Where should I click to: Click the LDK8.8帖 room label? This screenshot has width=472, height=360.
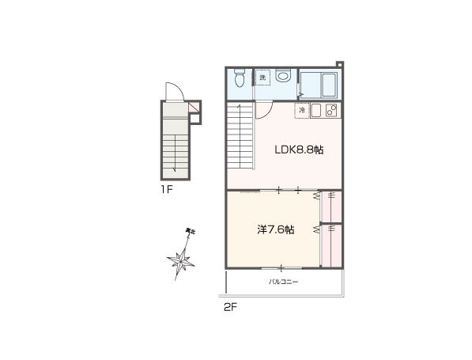tap(299, 150)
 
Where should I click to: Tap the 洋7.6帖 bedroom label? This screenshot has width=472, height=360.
tap(276, 230)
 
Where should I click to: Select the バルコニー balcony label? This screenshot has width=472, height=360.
tap(283, 282)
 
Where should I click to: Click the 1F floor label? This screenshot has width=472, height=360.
tap(167, 189)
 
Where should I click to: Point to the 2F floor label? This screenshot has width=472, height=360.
tap(231, 307)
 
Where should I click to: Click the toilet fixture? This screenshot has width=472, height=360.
tap(240, 78)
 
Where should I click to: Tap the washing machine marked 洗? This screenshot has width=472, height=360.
tap(262, 78)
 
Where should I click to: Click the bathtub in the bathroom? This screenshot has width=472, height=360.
tap(329, 85)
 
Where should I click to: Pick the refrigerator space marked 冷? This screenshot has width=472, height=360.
tap(302, 111)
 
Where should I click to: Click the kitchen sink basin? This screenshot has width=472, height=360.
tap(316, 111)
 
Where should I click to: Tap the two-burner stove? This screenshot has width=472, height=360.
tap(332, 111)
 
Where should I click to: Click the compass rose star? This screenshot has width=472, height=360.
tap(180, 260)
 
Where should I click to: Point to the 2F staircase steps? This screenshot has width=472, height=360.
tap(240, 136)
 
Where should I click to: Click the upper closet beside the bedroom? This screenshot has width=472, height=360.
tap(331, 207)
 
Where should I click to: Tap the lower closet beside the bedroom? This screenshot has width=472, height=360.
tap(331, 246)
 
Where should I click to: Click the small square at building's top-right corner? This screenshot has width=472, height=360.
tap(340, 64)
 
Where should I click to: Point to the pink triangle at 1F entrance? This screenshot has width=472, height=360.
tap(194, 107)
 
